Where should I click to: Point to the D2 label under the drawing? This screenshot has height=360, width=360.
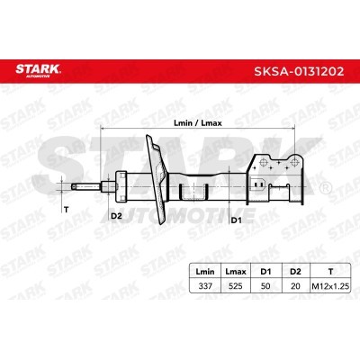(117, 215)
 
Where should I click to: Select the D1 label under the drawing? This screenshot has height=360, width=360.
(237, 217)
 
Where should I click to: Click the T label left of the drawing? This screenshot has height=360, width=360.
(66, 209)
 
